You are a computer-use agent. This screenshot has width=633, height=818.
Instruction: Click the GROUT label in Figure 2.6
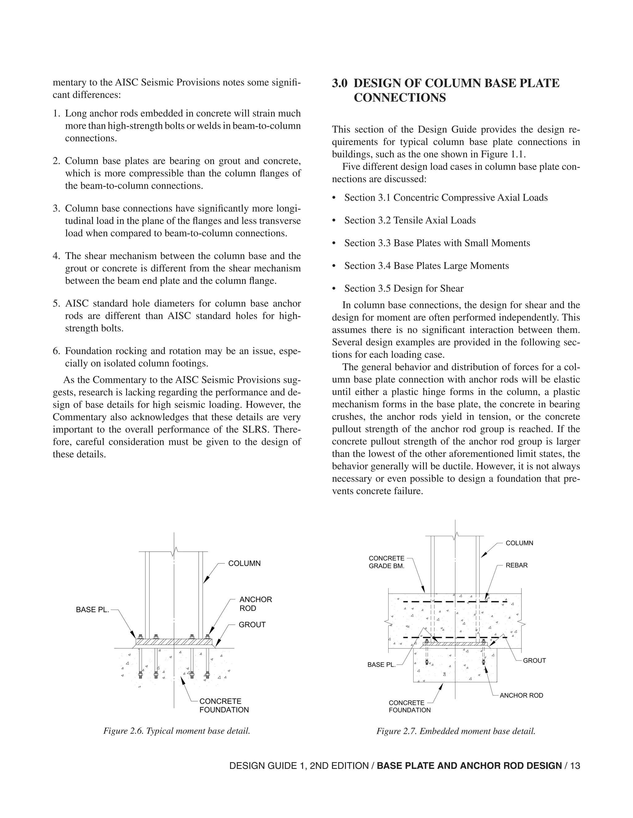252,625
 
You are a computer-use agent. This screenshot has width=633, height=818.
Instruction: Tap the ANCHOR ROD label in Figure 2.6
255,604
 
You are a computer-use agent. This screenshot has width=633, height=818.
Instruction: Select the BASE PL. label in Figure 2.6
92,610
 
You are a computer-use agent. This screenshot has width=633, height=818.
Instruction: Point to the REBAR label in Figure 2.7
516,565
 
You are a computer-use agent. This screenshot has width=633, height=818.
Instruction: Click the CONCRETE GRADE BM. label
386,562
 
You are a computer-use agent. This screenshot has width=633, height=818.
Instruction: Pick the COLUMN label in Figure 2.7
519,543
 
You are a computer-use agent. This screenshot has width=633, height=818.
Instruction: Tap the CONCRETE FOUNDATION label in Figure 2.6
224,705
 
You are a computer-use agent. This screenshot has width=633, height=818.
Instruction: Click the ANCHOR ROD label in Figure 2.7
521,695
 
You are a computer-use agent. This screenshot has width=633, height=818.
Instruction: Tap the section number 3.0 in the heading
339,83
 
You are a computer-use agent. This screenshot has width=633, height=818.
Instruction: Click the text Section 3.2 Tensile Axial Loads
410,220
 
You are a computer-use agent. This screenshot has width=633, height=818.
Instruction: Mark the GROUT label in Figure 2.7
534,661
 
